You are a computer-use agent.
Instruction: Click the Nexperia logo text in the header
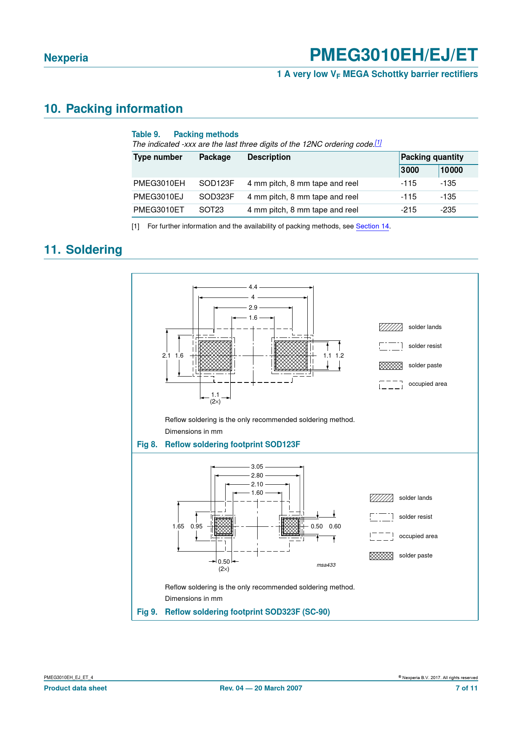tap(66, 58)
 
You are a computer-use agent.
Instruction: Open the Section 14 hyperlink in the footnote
tap(372, 226)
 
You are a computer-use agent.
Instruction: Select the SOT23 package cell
tap(211, 210)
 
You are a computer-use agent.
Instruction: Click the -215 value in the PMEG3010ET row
tap(408, 210)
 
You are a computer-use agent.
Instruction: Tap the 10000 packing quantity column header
tap(451, 170)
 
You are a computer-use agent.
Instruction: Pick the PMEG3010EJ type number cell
tap(158, 197)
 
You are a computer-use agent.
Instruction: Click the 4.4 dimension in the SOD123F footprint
tap(253, 287)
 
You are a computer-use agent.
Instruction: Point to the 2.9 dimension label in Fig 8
tap(253, 308)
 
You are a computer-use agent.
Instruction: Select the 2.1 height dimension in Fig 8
tap(166, 356)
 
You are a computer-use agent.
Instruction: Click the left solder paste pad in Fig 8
tap(215, 356)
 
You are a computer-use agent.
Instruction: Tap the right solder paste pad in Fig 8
tap(291, 356)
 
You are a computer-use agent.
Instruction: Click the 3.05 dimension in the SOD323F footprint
tap(257, 467)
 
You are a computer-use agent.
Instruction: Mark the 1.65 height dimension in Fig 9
tap(178, 526)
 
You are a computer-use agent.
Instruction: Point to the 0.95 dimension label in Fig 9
tap(196, 526)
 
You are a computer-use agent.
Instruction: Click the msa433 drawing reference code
tap(326, 565)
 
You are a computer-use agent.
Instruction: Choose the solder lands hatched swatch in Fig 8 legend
tap(391, 327)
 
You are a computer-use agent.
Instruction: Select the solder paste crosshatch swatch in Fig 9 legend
tap(381, 556)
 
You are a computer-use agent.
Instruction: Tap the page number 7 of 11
tap(466, 688)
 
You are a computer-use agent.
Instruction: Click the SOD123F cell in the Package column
tap(216, 183)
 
